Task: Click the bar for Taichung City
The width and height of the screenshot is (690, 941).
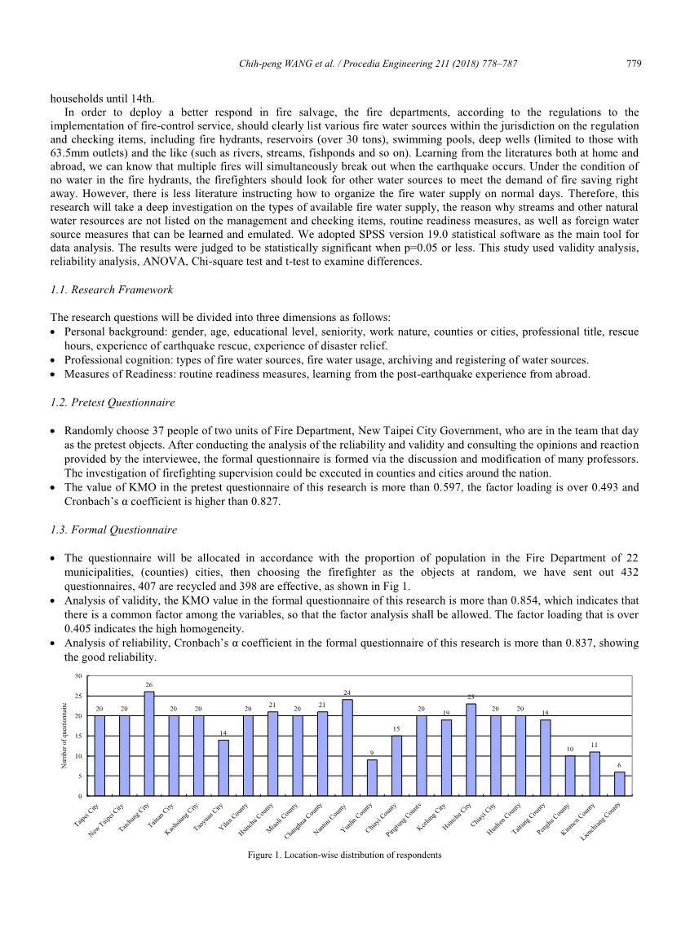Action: point(149,743)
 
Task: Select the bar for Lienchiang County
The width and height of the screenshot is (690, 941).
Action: point(620,783)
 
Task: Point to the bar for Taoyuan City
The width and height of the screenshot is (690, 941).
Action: point(223,767)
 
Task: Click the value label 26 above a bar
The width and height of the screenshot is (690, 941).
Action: point(148,684)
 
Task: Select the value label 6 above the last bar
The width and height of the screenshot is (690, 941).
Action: point(620,765)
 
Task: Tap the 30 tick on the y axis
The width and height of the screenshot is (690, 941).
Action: point(77,676)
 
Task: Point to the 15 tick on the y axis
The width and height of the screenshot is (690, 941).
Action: point(77,736)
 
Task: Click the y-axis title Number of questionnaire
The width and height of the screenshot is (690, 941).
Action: point(64,736)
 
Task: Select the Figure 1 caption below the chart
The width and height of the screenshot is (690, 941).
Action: point(345,855)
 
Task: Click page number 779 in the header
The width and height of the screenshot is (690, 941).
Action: point(632,64)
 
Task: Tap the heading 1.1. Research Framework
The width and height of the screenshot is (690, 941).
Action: point(111,290)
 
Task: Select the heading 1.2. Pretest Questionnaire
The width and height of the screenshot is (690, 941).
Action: point(113,402)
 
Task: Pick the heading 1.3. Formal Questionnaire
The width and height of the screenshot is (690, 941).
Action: point(113,530)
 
